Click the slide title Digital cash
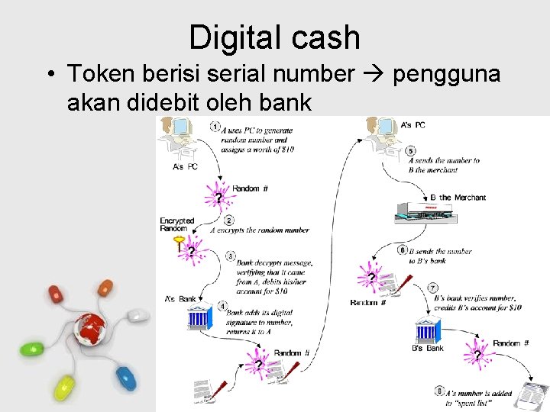(x=274, y=37)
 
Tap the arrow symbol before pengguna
(x=372, y=74)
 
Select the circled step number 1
(x=216, y=126)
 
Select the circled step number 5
(x=411, y=150)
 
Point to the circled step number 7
(x=433, y=288)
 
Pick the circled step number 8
(x=439, y=391)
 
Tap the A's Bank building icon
(x=198, y=317)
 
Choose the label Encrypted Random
(x=177, y=224)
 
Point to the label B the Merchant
(x=458, y=198)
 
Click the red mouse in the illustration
(x=58, y=294)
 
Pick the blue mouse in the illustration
(x=123, y=376)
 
